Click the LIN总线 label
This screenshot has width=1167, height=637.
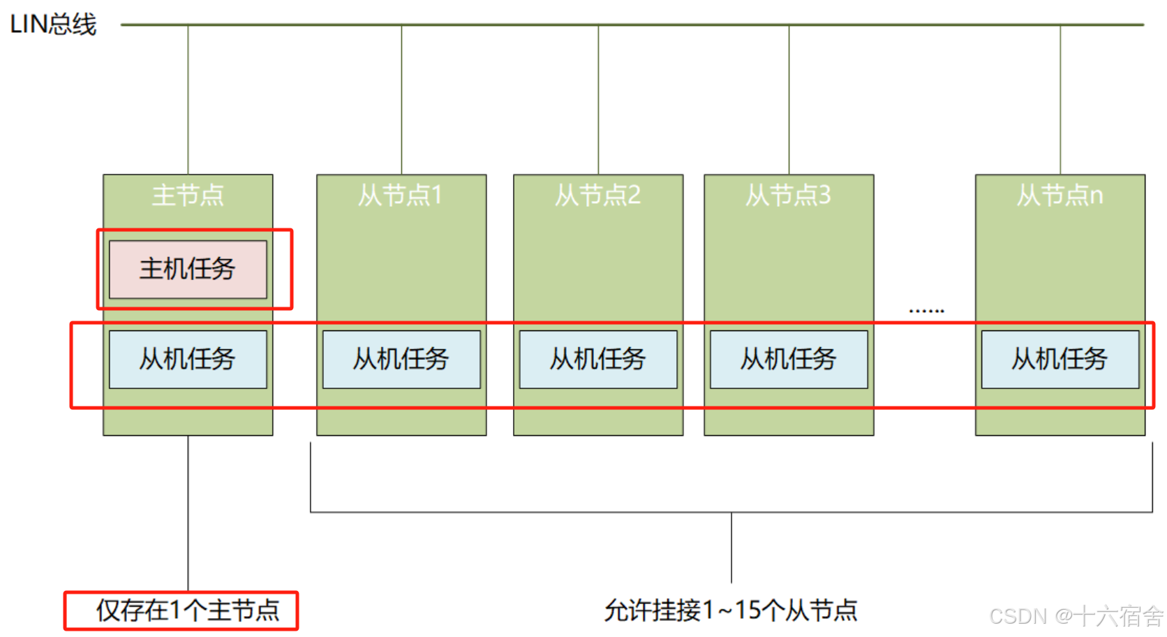pos(53,24)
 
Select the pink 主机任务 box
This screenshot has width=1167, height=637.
pos(188,269)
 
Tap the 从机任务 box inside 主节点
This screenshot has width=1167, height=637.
pos(188,359)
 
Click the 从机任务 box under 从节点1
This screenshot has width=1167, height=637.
pos(401,359)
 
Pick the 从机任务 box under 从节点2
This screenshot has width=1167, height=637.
pos(598,359)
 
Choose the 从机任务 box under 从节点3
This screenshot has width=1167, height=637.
pos(789,359)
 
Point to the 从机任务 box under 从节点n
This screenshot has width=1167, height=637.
pos(1060,359)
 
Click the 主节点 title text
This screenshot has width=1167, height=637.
pos(188,195)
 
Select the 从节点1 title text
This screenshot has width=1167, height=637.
pos(401,195)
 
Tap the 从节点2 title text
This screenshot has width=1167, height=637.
pos(598,195)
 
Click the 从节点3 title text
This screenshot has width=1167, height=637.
pos(789,195)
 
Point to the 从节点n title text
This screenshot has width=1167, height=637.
pos(1060,195)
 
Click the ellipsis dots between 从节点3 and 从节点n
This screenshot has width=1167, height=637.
pos(926,310)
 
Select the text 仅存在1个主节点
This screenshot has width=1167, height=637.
pos(188,610)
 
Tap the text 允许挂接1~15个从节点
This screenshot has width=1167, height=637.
pos(731,610)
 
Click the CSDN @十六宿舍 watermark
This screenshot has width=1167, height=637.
pos(1076,616)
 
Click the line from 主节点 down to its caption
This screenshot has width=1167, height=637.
pos(188,513)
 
